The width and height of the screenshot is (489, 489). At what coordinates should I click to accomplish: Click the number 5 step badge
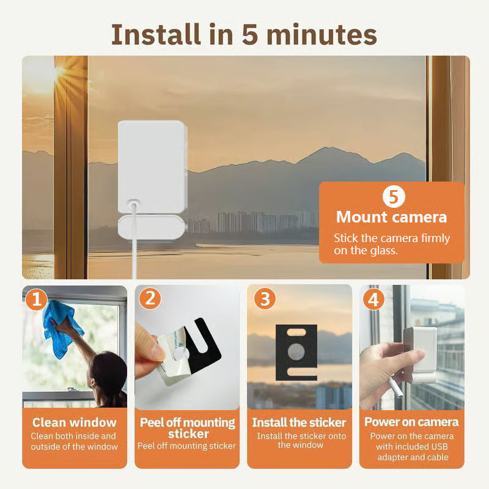394,196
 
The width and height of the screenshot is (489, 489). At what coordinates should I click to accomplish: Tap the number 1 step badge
36,300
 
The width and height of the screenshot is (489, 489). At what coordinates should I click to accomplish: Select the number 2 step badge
150,298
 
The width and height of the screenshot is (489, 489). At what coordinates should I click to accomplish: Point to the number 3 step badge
265,298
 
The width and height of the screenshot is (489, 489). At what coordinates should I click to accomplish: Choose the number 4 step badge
373,300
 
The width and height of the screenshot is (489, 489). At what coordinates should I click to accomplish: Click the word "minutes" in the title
322,35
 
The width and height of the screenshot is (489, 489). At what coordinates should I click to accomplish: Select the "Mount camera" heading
391,217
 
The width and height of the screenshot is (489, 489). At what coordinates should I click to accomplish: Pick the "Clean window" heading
74,422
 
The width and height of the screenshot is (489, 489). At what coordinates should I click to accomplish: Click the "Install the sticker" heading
299,422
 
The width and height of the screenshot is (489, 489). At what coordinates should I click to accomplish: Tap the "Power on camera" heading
411,422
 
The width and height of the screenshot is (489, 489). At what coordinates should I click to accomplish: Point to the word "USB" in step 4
438,447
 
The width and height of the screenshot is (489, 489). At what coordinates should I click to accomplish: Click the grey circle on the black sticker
296,352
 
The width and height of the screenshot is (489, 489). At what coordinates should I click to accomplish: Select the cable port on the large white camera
133,204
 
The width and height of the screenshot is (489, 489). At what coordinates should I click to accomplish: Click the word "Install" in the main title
156,35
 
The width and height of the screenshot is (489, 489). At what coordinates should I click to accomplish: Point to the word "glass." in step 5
384,251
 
